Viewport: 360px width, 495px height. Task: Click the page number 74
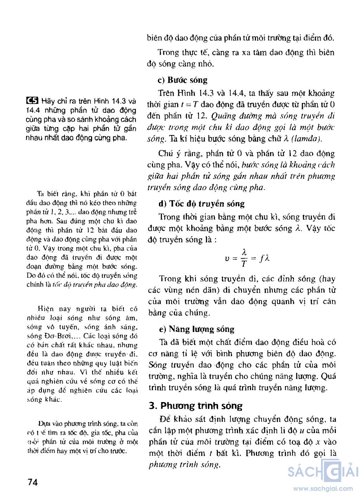(x=32, y=482)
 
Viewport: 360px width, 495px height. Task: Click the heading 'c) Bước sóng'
(x=182, y=80)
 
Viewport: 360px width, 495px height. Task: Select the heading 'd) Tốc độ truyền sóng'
(x=201, y=204)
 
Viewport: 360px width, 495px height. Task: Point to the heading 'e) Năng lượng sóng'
(x=197, y=329)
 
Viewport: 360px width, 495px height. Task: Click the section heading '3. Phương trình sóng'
(x=195, y=406)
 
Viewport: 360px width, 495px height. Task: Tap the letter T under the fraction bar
(x=244, y=264)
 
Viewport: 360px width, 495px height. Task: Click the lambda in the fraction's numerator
(x=244, y=252)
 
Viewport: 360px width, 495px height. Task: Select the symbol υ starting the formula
(x=227, y=258)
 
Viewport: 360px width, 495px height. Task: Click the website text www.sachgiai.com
(x=323, y=488)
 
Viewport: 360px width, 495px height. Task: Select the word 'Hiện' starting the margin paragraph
(x=46, y=309)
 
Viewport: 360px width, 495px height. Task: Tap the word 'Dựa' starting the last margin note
(x=45, y=424)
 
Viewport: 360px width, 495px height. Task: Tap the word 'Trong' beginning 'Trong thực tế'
(x=168, y=52)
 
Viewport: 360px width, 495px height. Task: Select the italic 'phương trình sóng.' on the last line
(x=185, y=464)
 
